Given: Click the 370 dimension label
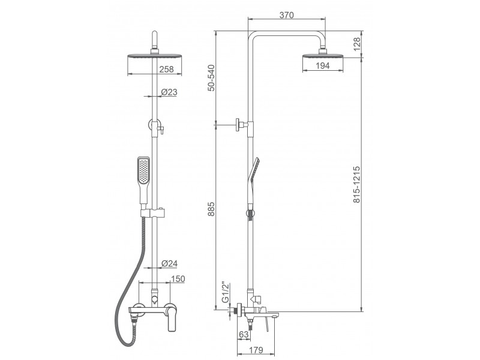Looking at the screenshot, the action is (287, 15).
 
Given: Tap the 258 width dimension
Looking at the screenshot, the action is (167, 70).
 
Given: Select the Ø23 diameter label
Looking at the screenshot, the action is (169, 92).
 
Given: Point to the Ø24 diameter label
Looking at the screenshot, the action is (169, 263).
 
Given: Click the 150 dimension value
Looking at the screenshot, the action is (178, 279).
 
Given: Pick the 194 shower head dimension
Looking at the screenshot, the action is (322, 65).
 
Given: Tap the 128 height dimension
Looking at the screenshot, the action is (357, 44).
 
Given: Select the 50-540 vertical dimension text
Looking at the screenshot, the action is (211, 78).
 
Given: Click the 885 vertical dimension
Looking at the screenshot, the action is (211, 209).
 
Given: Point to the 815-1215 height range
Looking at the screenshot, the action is (357, 185).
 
